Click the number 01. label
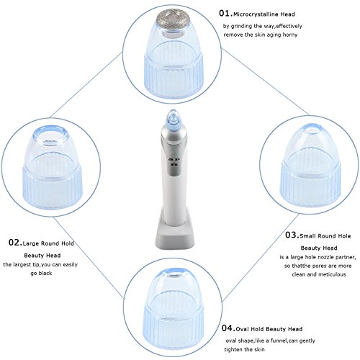click(225, 14)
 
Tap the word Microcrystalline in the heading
click(256, 14)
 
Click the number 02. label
click(15, 243)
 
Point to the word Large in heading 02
click(31, 243)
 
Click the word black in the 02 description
click(45, 273)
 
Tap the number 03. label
click(292, 235)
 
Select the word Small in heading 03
click(307, 236)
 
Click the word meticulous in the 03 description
click(332, 274)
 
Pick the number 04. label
click(228, 328)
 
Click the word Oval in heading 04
click(242, 329)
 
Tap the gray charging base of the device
click(175, 235)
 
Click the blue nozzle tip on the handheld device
click(173, 118)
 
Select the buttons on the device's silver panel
click(174, 162)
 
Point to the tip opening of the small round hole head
click(312, 129)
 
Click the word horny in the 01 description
click(290, 35)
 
